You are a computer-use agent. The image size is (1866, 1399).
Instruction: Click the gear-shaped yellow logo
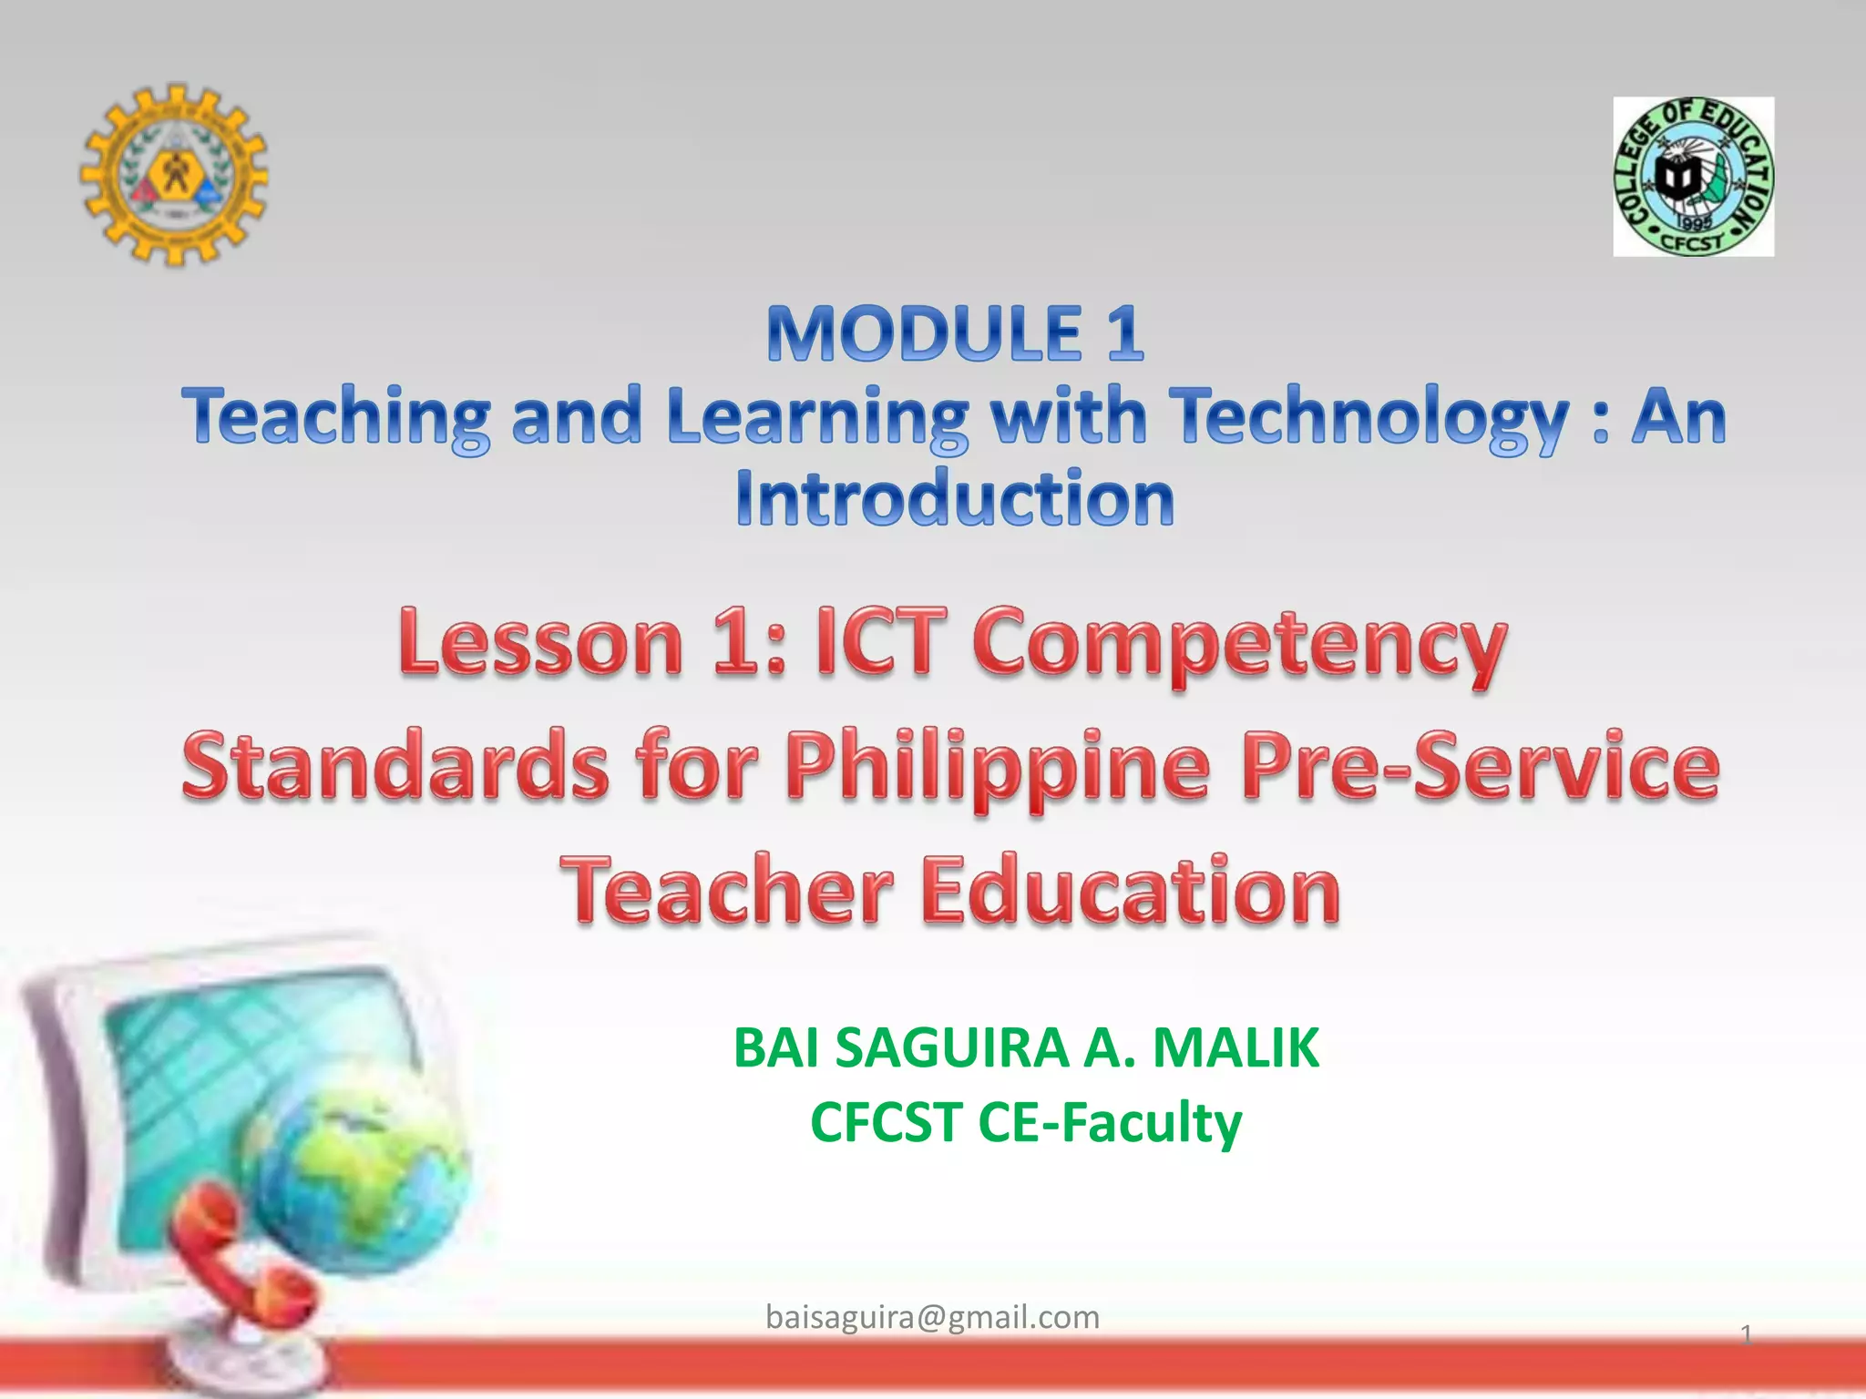coord(173,175)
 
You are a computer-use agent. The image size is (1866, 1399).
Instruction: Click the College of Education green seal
coord(1693,177)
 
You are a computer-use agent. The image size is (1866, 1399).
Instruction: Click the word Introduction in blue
coord(955,499)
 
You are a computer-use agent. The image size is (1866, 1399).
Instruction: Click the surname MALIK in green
coord(1235,1047)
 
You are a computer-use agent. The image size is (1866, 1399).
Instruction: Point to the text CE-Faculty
coord(1109,1122)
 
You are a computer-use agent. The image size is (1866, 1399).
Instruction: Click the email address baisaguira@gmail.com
coord(932,1317)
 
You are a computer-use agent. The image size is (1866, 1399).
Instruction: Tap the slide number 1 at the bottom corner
coord(1746,1335)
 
